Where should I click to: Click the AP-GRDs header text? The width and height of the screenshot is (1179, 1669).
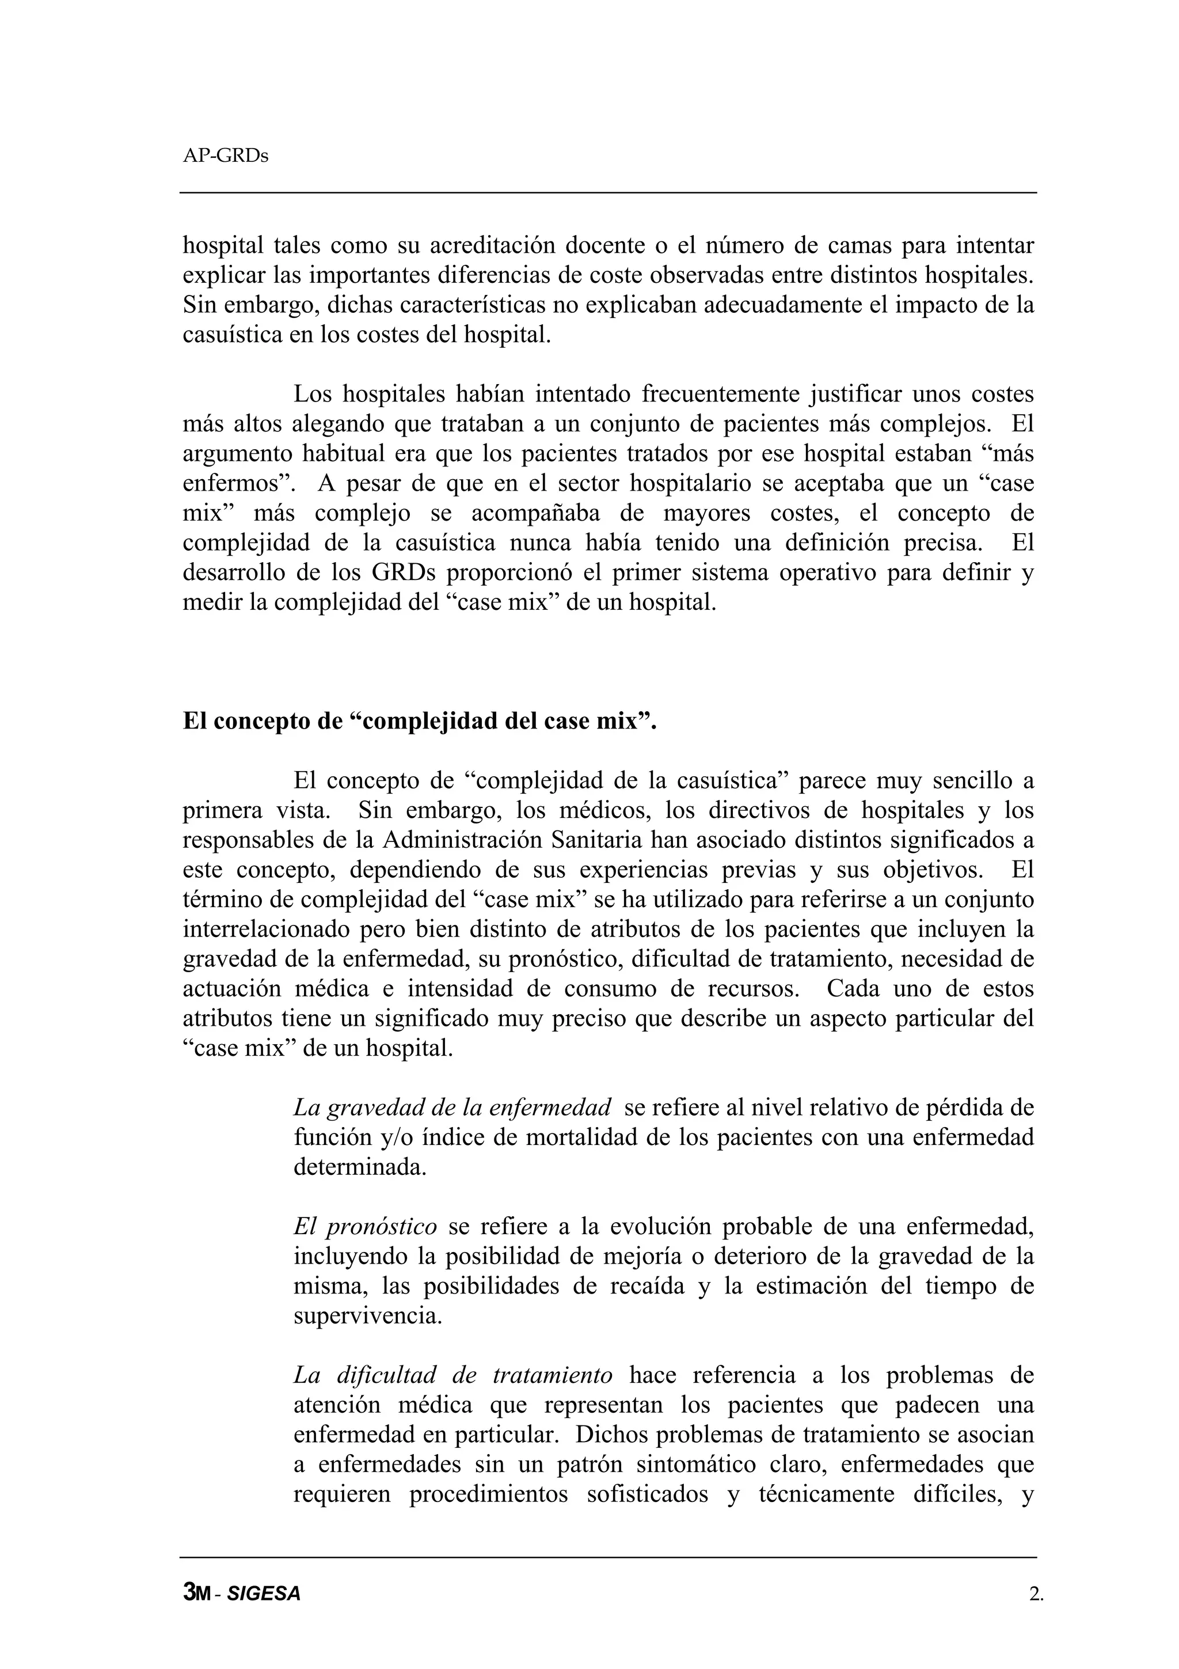225,156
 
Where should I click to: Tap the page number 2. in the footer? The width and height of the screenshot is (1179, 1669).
1036,1594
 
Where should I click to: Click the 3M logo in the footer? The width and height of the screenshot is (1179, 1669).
196,1594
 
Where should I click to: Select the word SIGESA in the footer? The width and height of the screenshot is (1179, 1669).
263,1594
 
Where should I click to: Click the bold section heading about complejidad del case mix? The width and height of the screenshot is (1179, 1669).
419,721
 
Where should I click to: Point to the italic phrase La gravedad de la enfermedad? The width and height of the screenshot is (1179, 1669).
452,1108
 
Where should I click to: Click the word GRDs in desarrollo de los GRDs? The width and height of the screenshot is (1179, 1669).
403,573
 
